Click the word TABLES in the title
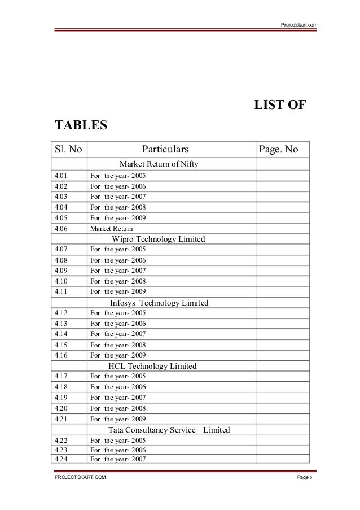point(80,124)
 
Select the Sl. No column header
point(68,150)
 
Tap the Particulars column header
point(165,150)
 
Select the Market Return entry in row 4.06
point(111,229)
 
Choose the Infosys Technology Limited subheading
point(159,303)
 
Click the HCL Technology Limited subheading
point(152,366)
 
